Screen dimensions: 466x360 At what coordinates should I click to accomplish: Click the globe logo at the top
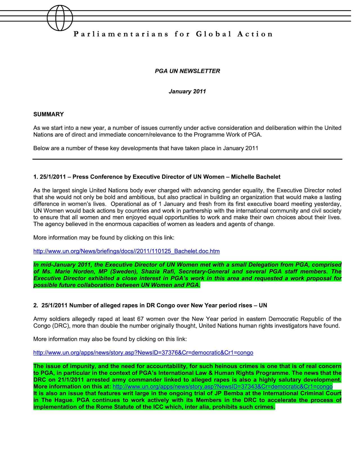coord(60,18)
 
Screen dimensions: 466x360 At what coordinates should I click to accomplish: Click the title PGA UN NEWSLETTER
coord(187,71)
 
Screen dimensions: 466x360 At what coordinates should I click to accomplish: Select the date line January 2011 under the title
coord(187,91)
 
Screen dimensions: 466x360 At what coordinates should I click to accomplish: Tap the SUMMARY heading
coord(48,114)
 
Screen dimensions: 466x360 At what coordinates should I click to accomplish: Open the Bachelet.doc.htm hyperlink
coord(126,251)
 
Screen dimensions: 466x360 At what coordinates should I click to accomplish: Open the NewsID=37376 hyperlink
coord(143,353)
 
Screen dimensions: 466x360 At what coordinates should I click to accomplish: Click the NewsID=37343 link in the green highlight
coord(222,386)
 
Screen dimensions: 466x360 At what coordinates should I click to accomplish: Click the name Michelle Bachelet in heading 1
coord(256,177)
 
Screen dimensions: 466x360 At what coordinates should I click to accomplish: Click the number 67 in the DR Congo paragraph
coord(141,319)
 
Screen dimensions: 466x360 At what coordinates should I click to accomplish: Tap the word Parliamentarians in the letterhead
coord(121,34)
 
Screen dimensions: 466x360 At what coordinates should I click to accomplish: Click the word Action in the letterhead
coord(255,34)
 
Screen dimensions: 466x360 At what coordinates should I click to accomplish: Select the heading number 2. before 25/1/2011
coord(36,306)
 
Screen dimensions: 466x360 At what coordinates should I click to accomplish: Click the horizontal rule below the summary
coord(187,159)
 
